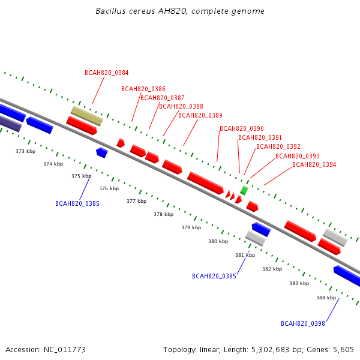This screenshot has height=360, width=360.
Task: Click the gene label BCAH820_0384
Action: pyautogui.click(x=107, y=73)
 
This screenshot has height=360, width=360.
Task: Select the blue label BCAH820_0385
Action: pyautogui.click(x=77, y=203)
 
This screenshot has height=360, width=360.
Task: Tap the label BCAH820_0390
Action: pyautogui.click(x=242, y=128)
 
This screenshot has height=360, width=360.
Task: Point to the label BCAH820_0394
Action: pyautogui.click(x=314, y=164)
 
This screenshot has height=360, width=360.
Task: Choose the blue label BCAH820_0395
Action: pyautogui.click(x=214, y=276)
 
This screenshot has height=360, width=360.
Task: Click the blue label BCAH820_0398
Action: pyautogui.click(x=303, y=323)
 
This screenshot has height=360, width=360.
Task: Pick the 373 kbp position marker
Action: pyautogui.click(x=25, y=151)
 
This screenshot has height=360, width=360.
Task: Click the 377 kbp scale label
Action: pyautogui.click(x=137, y=201)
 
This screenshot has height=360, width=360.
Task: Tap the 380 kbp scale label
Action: pyautogui.click(x=218, y=241)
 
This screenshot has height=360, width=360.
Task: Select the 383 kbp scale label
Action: pyautogui.click(x=299, y=283)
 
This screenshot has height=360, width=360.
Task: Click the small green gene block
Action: pyautogui.click(x=244, y=191)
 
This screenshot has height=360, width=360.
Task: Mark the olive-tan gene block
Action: pyautogui.click(x=87, y=116)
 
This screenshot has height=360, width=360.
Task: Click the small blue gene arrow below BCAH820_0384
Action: pyautogui.click(x=102, y=152)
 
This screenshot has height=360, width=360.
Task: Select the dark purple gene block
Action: pyautogui.click(x=10, y=123)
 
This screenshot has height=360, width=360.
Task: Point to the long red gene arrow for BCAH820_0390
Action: pyautogui.click(x=205, y=183)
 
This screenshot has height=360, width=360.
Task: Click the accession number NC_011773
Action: pyautogui.click(x=65, y=350)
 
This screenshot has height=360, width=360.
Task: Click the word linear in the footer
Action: pyautogui.click(x=210, y=350)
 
